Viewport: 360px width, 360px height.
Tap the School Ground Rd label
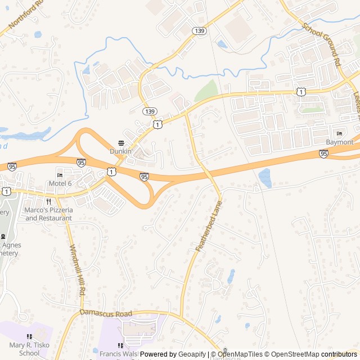pos(322,43)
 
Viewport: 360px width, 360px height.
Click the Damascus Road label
pos(106,313)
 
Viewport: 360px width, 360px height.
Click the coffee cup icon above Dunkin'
pos(121,143)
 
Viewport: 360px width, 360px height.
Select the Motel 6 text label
pos(60,183)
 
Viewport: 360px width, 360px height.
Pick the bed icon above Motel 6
pos(60,175)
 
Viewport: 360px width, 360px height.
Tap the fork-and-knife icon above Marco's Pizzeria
pos(49,201)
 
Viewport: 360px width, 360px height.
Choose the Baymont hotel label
pos(340,142)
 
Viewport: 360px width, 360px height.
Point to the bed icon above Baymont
pos(339,133)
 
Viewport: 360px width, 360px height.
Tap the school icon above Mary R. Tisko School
pos(29,337)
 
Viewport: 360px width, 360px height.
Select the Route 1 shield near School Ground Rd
pos(302,92)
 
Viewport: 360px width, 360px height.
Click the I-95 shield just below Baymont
pos(323,153)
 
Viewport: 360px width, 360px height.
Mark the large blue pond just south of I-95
pos(264,178)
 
